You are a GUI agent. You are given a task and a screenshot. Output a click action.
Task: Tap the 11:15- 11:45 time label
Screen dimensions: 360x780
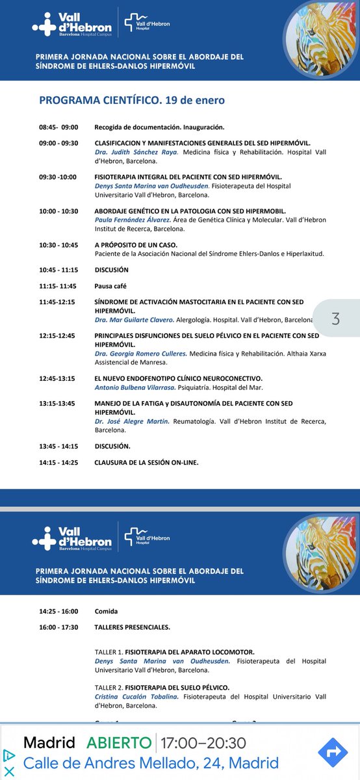tap(58, 286)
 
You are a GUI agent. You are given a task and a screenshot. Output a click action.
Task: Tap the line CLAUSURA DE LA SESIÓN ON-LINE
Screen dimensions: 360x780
tap(146, 462)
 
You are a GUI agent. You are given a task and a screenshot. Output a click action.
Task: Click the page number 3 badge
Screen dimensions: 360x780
tap(336, 318)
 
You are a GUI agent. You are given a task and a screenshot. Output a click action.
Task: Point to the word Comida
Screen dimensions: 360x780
tap(107, 612)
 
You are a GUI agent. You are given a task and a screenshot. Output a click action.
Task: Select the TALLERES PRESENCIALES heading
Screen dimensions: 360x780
tap(132, 627)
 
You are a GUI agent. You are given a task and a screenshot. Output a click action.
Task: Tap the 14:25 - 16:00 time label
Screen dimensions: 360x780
tap(58, 612)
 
